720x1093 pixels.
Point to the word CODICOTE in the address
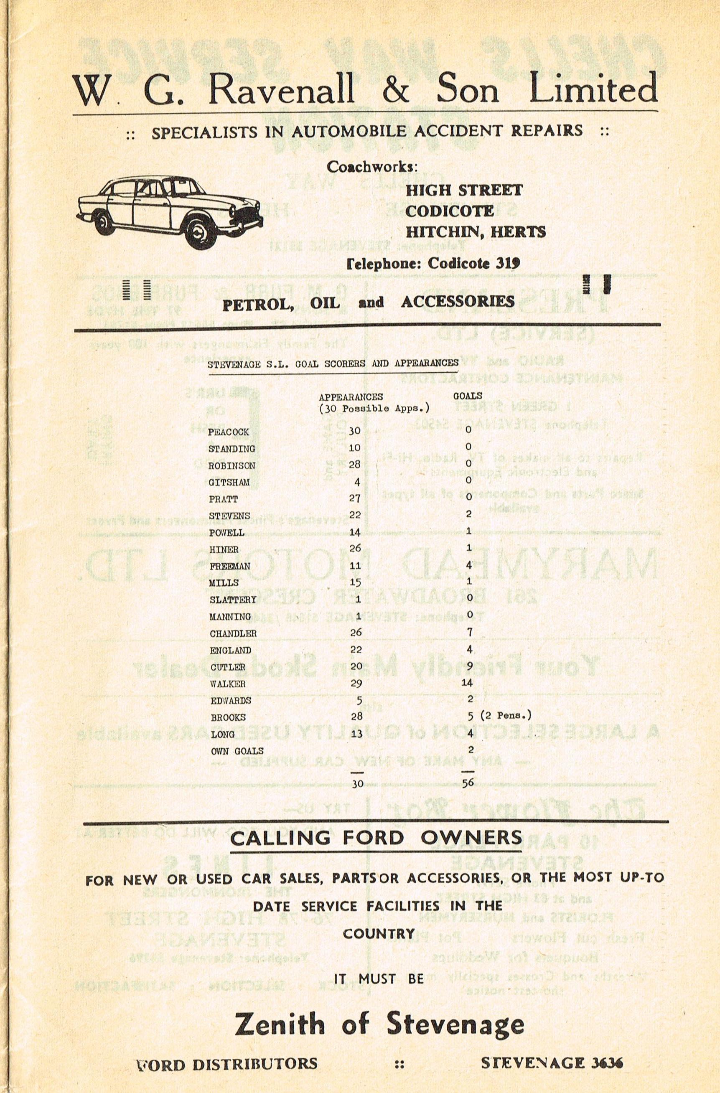pyautogui.click(x=449, y=211)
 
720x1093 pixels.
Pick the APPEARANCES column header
pyautogui.click(x=351, y=397)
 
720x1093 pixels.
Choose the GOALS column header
pyautogui.click(x=468, y=395)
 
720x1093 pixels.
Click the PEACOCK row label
pyautogui.click(x=229, y=432)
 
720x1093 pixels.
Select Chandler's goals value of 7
pyautogui.click(x=468, y=633)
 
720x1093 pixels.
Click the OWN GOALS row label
pyautogui.click(x=237, y=751)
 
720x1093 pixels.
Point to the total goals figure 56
pyautogui.click(x=468, y=783)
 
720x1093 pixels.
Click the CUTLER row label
pyautogui.click(x=228, y=667)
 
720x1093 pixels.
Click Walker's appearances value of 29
pyautogui.click(x=356, y=684)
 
